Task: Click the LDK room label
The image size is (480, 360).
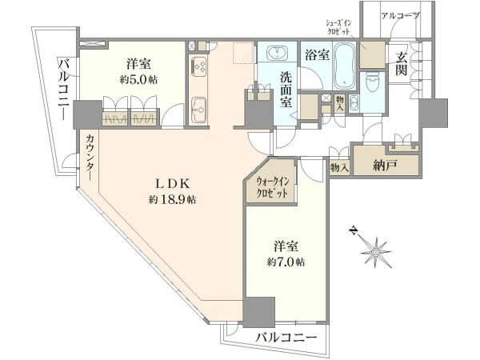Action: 173,184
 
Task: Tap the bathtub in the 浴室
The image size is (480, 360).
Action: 344,66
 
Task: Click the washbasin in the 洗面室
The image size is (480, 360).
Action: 278,54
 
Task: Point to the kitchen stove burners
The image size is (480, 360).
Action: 199,68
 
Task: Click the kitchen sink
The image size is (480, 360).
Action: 199,109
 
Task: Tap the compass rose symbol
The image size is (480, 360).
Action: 374,251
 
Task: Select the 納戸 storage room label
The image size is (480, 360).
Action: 385,166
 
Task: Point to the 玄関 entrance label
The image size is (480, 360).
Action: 401,64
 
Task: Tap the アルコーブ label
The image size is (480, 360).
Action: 400,16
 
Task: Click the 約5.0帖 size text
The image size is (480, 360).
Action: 138,80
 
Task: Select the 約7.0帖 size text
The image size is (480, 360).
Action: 286,262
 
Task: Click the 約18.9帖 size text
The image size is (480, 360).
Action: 172,200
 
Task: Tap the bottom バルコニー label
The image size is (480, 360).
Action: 286,338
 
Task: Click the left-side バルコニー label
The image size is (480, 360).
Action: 65,90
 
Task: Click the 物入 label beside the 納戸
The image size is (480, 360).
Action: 339,167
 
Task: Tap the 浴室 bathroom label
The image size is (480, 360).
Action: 317,54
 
